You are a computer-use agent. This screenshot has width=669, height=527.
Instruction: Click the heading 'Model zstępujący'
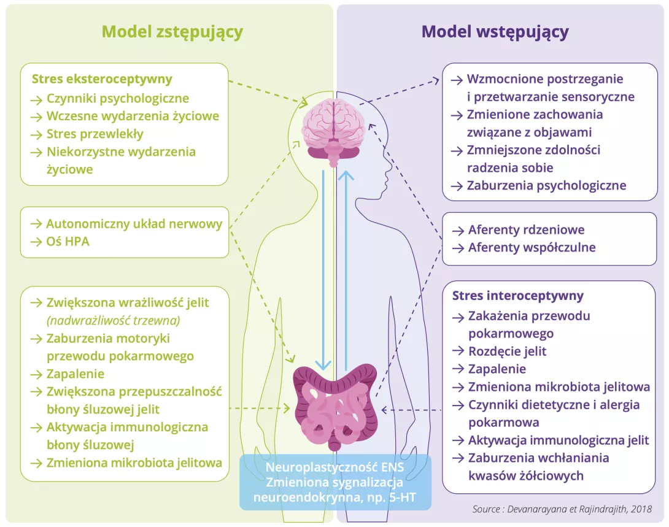[172, 32]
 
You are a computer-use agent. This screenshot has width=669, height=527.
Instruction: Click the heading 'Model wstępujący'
[495, 32]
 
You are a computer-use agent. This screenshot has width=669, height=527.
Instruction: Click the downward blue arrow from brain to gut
[323, 270]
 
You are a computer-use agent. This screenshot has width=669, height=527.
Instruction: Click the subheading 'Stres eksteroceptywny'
[102, 79]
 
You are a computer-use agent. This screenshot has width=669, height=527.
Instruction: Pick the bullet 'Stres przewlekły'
[95, 134]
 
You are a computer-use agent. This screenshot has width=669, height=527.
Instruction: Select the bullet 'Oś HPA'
[68, 241]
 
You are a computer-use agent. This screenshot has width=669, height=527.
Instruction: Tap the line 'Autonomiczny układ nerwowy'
[134, 224]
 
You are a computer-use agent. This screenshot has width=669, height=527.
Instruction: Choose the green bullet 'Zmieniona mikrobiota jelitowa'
[134, 463]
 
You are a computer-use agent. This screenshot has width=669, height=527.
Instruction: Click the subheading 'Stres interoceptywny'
[518, 296]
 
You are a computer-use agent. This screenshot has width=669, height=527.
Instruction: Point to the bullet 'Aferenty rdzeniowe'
[526, 230]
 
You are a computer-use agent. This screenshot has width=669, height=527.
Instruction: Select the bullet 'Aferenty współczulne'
[532, 248]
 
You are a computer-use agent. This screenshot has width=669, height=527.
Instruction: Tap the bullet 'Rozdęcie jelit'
[507, 352]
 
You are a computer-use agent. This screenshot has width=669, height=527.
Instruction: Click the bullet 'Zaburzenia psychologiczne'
[546, 185]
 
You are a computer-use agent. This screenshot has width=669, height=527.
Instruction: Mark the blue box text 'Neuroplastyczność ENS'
[335, 466]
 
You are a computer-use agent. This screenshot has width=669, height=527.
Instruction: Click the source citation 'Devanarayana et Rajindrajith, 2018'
[562, 509]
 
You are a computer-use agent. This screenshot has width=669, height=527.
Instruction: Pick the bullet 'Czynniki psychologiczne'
[117, 98]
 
